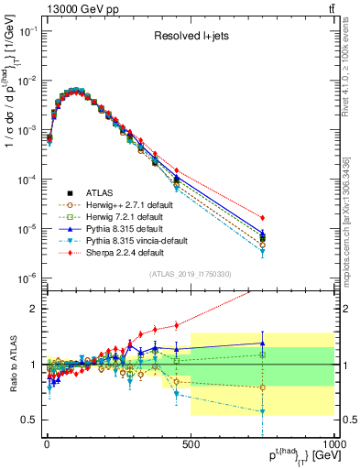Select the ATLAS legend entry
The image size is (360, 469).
pos(101,193)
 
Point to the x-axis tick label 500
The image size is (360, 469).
pos(191,443)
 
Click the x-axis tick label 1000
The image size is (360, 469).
pos(333,443)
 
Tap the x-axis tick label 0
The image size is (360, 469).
pos(47,443)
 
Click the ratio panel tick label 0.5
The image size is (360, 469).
pos(31,420)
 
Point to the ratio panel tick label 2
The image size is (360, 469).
pos(35,309)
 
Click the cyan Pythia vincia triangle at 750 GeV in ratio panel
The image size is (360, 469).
pos(263,412)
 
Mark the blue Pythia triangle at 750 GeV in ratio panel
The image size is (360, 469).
pos(263,344)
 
